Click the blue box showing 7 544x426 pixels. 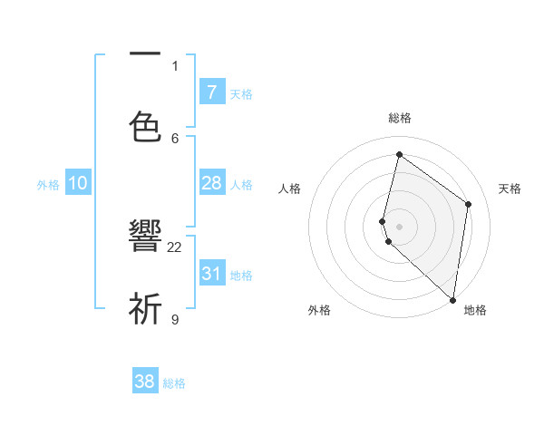click(211, 92)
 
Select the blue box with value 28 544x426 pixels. click(211, 183)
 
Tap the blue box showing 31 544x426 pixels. click(211, 273)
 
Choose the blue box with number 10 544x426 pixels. click(78, 183)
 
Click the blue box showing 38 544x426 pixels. click(145, 382)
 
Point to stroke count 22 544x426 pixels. click(175, 247)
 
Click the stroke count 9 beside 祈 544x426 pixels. click(175, 318)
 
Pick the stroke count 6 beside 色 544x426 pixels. click(175, 137)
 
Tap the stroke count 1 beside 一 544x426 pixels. click(175, 65)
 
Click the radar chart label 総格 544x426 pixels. click(399, 118)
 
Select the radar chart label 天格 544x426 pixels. click(510, 189)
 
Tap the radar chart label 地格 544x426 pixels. click(475, 310)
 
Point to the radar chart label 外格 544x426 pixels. click(319, 310)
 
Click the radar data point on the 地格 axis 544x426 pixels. click(452, 299)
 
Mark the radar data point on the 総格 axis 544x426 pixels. click(399, 154)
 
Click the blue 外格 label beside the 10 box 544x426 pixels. click(48, 184)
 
